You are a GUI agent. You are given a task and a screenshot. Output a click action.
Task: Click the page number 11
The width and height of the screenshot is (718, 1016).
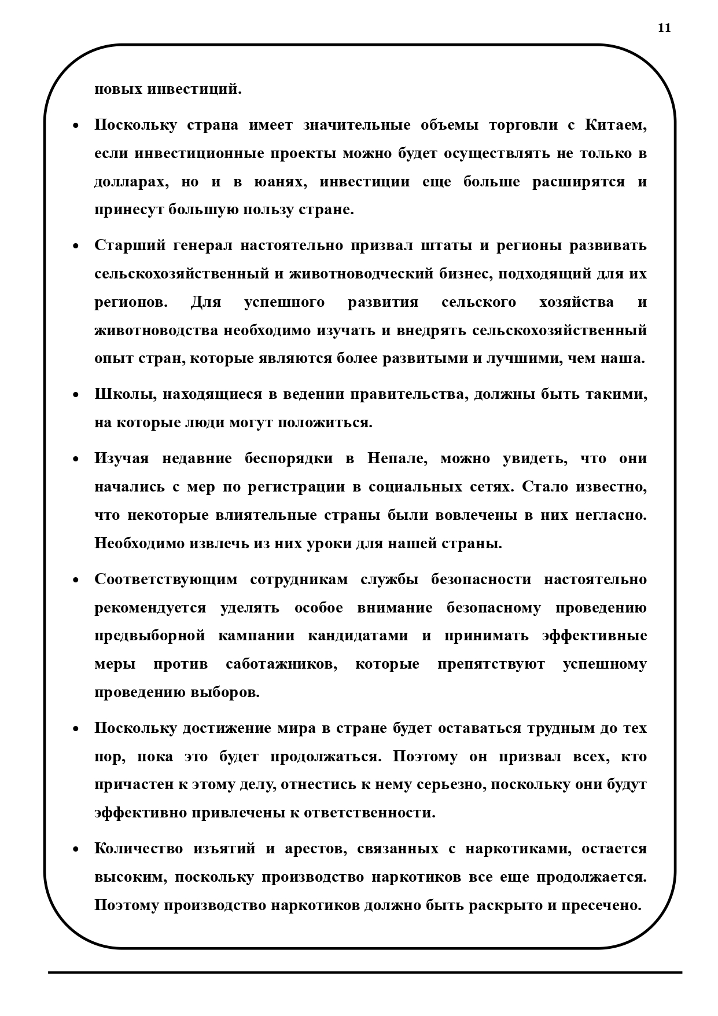point(664,28)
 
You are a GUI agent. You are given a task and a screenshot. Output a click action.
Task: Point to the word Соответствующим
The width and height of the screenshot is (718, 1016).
point(165,579)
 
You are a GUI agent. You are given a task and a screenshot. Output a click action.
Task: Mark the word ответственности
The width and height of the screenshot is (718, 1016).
point(366,813)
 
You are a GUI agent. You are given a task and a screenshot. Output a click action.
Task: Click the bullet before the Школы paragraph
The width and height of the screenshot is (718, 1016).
point(75,395)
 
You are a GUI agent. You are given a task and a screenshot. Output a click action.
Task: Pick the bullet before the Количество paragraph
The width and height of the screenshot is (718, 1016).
point(75,850)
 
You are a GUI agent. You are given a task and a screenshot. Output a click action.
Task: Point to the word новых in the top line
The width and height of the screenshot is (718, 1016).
point(118,90)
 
